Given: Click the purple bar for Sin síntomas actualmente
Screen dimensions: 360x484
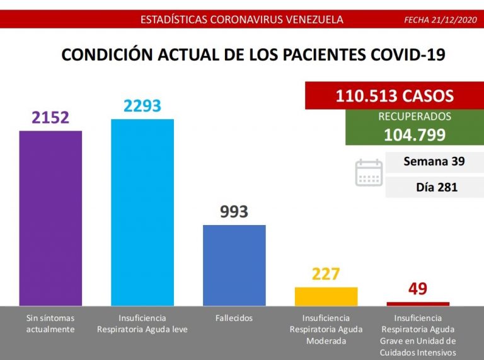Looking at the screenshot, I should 51,218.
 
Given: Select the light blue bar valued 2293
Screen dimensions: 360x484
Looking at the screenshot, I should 142,212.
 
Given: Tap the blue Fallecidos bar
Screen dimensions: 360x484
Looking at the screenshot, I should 234,265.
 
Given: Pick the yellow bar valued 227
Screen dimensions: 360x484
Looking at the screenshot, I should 326,296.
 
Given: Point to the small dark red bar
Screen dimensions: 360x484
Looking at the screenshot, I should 418,303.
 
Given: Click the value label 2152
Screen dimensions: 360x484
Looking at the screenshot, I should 51,117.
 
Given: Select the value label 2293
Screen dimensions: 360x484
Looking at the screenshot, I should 142,105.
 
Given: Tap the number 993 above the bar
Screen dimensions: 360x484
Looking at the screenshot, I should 234,212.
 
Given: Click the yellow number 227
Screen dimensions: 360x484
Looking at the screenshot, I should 326,274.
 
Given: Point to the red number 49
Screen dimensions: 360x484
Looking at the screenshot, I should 418,289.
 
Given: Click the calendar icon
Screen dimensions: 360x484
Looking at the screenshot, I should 369,173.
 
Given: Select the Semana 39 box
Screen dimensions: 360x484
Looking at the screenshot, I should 434,161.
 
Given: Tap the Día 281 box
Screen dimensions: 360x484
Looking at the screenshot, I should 434,187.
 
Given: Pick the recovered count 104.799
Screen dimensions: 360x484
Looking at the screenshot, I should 414,134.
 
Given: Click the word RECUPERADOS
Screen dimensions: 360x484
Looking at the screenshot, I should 414,117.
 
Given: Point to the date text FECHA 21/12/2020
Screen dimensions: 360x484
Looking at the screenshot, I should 441,20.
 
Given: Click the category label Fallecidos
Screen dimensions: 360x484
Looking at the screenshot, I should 234,318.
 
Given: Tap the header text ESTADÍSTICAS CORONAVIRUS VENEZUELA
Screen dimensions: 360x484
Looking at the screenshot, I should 242,20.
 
